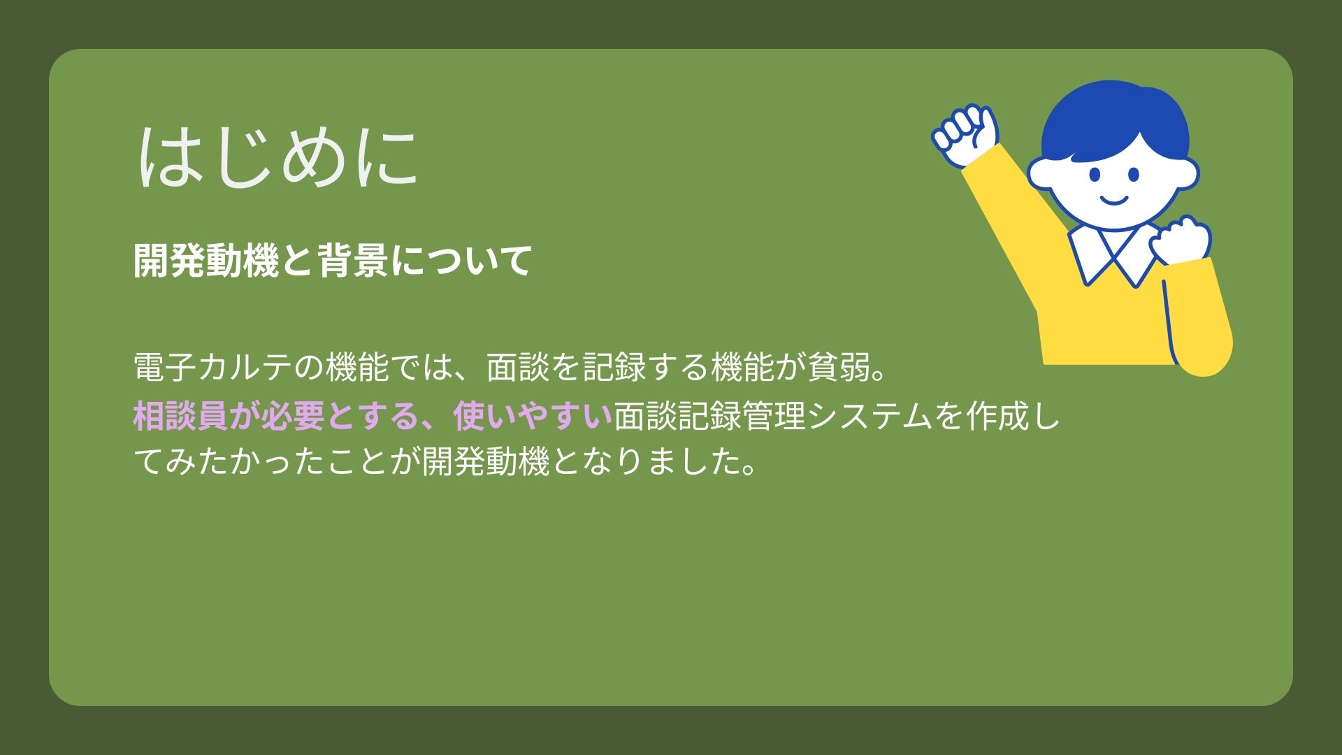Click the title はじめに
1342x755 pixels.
click(x=278, y=157)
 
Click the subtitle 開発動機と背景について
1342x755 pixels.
click(x=333, y=261)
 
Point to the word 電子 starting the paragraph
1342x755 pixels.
click(x=165, y=367)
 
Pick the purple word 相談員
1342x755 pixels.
click(x=181, y=416)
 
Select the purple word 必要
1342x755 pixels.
click(x=293, y=416)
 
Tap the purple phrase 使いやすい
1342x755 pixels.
click(x=533, y=416)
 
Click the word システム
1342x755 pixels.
click(x=870, y=416)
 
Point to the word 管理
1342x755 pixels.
click(x=774, y=416)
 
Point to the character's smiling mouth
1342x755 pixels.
click(x=1114, y=201)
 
